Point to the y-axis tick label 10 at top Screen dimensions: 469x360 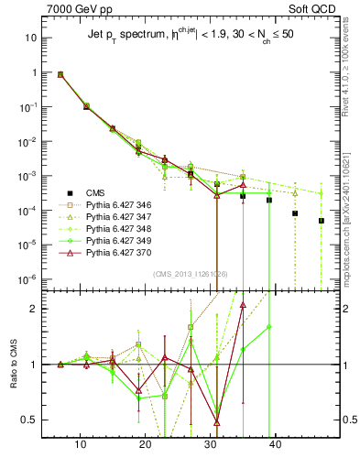(x=29, y=38)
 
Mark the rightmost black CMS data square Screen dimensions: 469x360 (x=322, y=221)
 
